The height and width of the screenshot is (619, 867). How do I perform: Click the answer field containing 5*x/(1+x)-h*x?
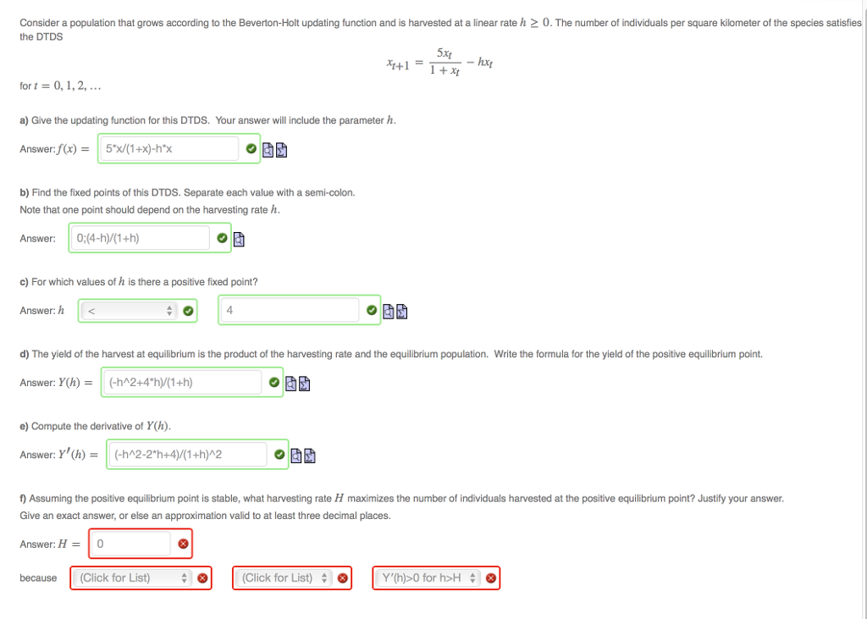(x=169, y=150)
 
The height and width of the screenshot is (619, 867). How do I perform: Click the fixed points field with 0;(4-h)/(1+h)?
(x=140, y=238)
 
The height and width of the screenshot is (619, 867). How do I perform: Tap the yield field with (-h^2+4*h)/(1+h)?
(x=180, y=383)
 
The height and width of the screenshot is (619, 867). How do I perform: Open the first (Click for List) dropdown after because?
(x=133, y=578)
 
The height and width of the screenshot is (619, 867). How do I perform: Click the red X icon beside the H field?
(x=184, y=544)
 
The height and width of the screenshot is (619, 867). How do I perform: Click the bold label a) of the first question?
(x=25, y=120)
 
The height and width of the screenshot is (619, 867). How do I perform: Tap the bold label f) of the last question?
(x=24, y=499)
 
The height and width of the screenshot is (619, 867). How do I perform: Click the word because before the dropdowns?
(x=38, y=578)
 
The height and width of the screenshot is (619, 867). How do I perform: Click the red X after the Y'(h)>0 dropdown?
(x=489, y=579)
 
